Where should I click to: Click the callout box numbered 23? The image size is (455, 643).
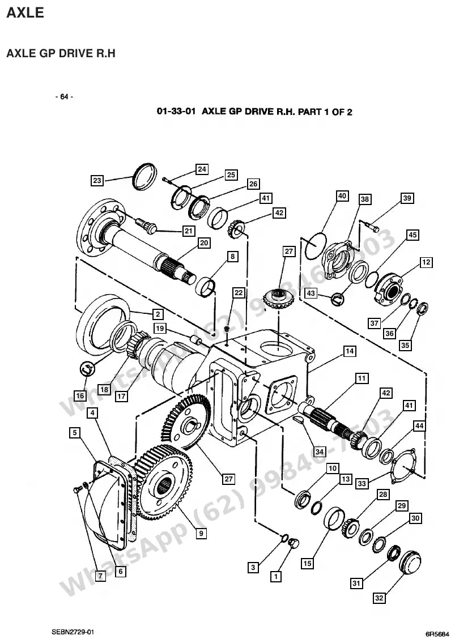[97, 180]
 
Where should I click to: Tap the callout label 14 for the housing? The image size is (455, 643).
[350, 351]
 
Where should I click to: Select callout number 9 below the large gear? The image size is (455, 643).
[201, 534]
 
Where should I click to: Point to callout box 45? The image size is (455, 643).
[413, 235]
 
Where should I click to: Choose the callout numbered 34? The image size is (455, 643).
[320, 452]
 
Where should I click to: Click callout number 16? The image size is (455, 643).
[80, 396]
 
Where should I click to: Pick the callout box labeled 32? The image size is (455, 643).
[379, 598]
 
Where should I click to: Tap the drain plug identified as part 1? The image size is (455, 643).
[294, 543]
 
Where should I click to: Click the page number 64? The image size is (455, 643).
[64, 97]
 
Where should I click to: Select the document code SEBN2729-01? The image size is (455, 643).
[73, 632]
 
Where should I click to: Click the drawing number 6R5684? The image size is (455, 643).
[437, 635]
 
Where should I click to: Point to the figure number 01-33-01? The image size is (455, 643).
[176, 112]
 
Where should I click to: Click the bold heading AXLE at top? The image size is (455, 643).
[25, 12]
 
